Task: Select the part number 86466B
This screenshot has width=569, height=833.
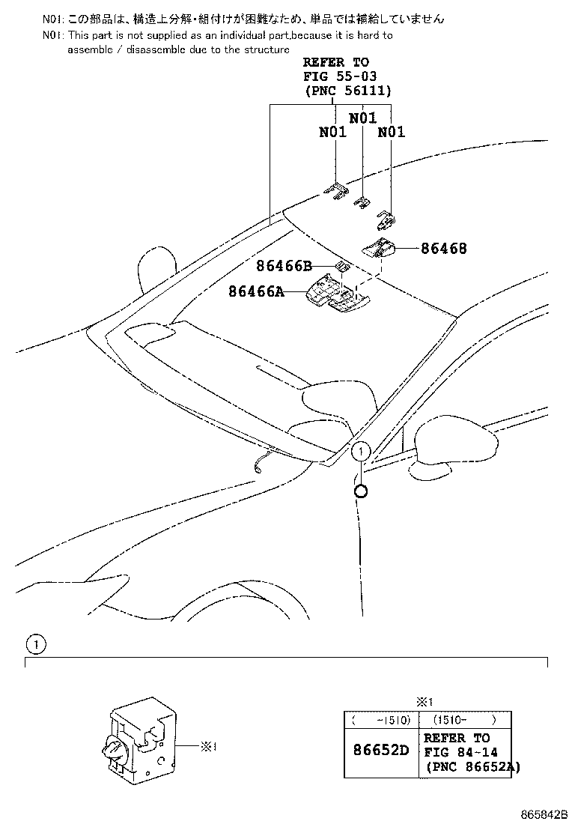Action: (x=284, y=265)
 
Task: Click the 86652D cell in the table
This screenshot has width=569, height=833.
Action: (x=381, y=750)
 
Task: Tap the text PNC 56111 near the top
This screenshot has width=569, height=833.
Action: (x=347, y=91)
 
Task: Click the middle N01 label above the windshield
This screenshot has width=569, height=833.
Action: (x=362, y=117)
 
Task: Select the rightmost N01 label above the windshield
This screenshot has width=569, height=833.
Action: (x=391, y=132)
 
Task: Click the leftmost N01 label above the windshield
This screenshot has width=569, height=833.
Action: (x=333, y=132)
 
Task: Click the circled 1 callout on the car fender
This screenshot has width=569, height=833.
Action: (x=360, y=452)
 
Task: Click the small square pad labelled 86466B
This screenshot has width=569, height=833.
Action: (x=341, y=265)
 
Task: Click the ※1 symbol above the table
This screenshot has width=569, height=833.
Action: (x=425, y=702)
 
